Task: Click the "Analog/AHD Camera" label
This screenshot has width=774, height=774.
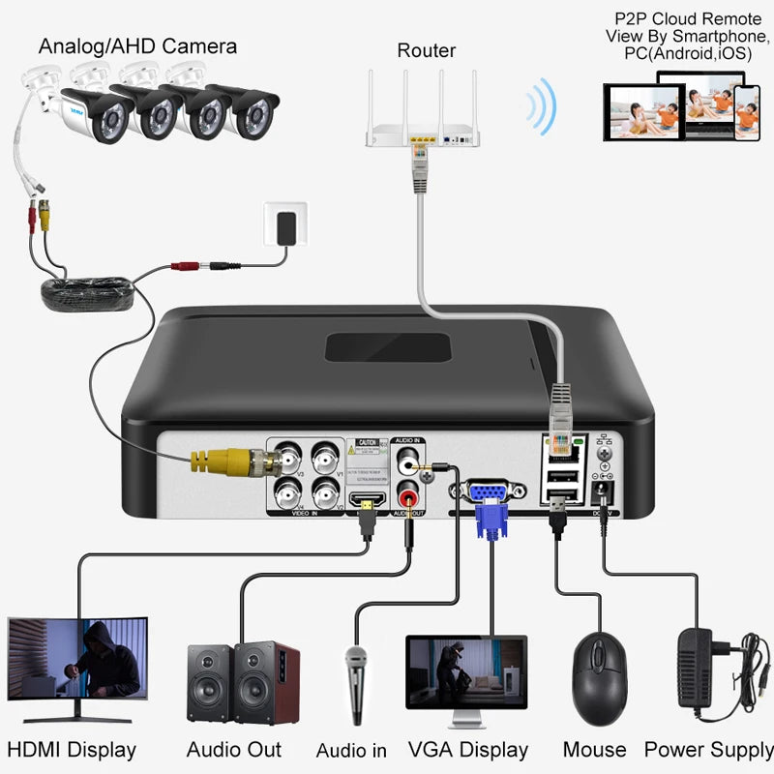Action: pos(136,45)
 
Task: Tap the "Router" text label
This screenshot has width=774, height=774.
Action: pos(426,50)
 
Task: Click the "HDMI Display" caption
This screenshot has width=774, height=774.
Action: pos(72,750)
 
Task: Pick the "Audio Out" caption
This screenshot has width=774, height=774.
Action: pos(234,750)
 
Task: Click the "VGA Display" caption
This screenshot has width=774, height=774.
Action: pos(468,750)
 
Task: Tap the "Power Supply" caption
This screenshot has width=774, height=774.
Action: pos(708,750)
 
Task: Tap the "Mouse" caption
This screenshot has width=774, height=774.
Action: pos(594,750)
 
